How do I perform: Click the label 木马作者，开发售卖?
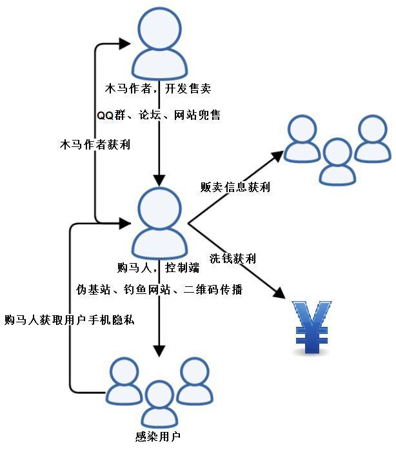pyautogui.click(x=159, y=88)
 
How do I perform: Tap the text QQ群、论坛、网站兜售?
pyautogui.click(x=159, y=115)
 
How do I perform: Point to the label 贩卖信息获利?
pyautogui.click(x=235, y=188)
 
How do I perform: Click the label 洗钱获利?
pyautogui.click(x=233, y=259)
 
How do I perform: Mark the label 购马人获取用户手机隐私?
pyautogui.click(x=69, y=319)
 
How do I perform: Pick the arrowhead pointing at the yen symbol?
pyautogui.click(x=279, y=291)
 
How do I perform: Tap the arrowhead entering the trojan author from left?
pyautogui.click(x=125, y=44)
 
